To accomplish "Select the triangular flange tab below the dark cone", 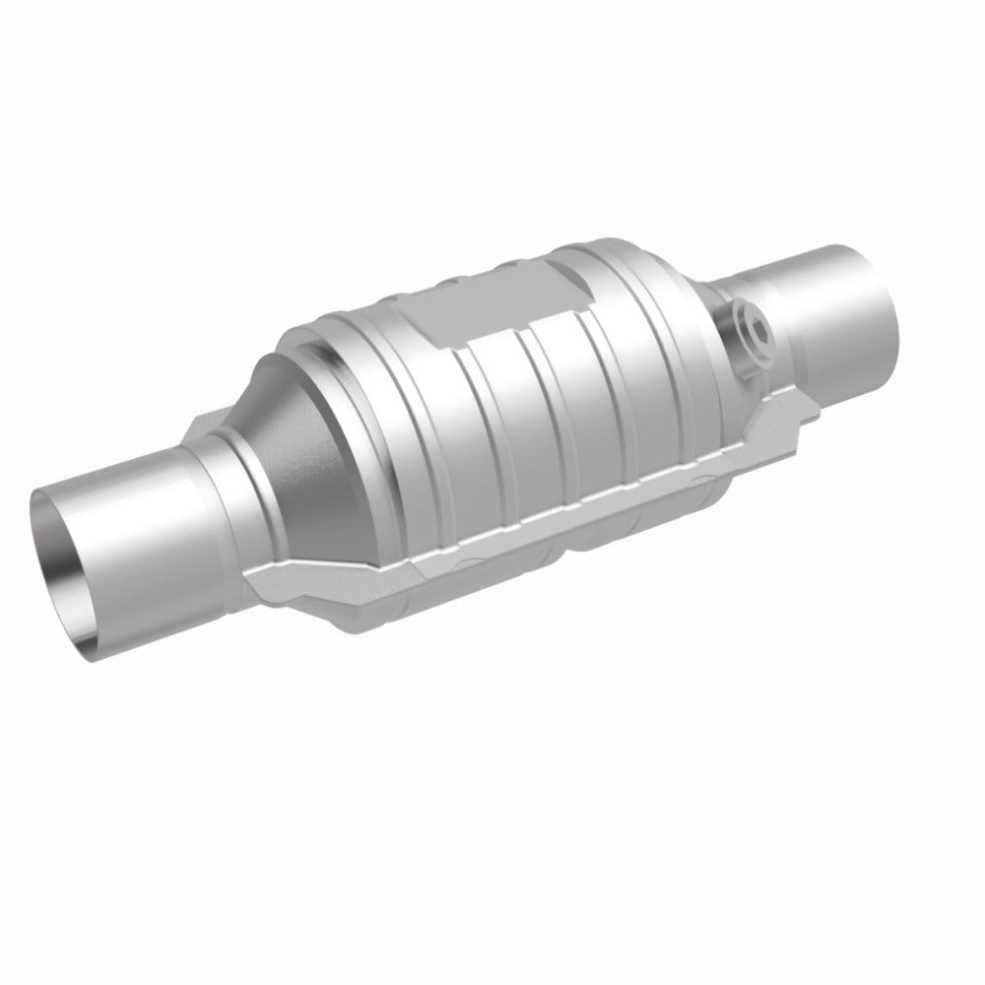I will coord(295,581).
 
